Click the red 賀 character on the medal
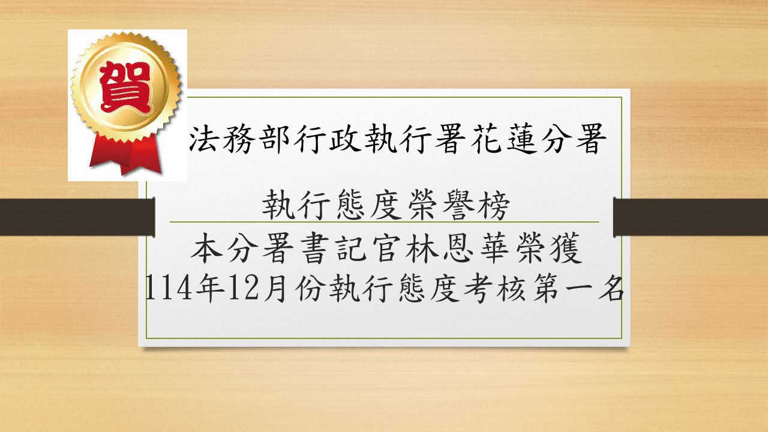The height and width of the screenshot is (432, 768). pos(125,88)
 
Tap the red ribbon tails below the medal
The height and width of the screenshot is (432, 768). pos(125,154)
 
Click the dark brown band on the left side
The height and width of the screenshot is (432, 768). pos(77,217)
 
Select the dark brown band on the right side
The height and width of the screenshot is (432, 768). pos(690,217)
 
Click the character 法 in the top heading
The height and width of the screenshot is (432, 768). pos(202,139)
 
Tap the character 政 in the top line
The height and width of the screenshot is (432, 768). pos(345,139)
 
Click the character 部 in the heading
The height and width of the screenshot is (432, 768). pos(274,139)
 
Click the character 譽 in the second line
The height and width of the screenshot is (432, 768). pos(457,205)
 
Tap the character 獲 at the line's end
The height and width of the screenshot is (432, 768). pos(565,248)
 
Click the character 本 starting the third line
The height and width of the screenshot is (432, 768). pos(206,248)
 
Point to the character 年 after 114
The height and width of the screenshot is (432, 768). pos(210,287)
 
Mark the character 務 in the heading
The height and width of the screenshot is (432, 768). pos(238,139)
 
